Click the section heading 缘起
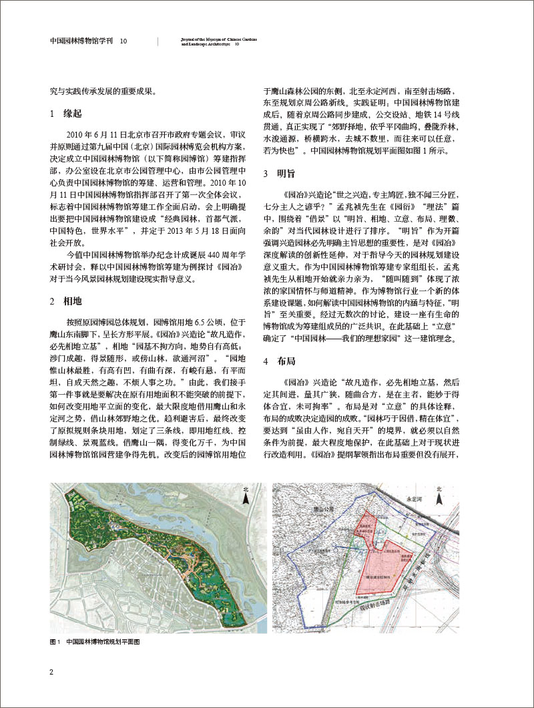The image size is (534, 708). point(65,114)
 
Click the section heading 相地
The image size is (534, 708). point(65,283)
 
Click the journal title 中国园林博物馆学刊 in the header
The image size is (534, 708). point(83,41)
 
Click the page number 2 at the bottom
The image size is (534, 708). point(51,671)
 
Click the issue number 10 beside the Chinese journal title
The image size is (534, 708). point(124,41)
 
